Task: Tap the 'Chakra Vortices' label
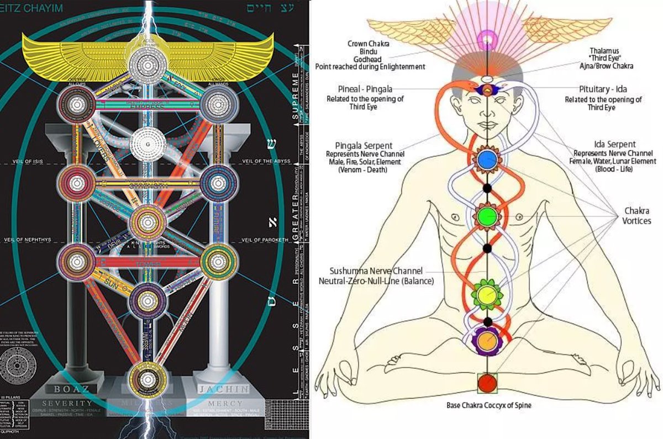pos(637,216)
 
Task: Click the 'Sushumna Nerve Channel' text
pos(376,271)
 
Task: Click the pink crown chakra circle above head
pos(487,39)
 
